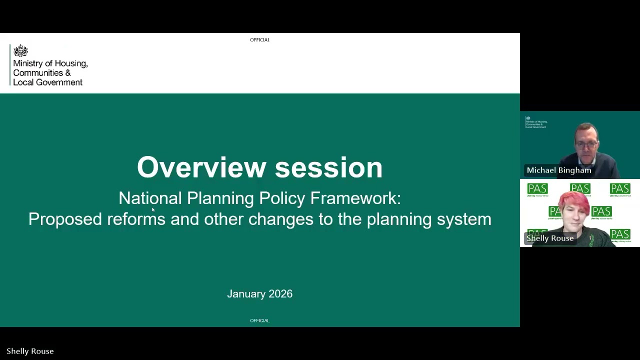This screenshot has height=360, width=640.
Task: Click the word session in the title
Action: [x=328, y=167]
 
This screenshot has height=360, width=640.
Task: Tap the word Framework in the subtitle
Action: [x=355, y=198]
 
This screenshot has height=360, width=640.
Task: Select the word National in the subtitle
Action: [x=150, y=198]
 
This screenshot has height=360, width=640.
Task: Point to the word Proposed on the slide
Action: [x=65, y=219]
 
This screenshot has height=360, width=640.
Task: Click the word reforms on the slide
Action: [x=136, y=219]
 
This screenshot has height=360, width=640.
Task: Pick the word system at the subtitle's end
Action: [x=464, y=219]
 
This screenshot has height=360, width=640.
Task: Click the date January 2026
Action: [x=259, y=294]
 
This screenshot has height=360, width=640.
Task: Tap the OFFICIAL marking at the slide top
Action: [x=259, y=40]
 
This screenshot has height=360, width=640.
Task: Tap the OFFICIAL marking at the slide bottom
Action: [x=259, y=320]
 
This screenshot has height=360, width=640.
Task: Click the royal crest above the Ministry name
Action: [x=20, y=51]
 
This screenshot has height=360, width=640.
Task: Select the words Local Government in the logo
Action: [x=47, y=82]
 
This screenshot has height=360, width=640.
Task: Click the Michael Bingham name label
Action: [x=558, y=170]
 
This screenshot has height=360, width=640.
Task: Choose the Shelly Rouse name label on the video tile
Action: [x=549, y=238]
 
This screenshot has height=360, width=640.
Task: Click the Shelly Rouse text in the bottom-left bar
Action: [x=30, y=351]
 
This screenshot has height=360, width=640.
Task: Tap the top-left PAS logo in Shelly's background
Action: [x=537, y=189]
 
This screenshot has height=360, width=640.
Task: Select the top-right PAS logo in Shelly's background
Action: [x=619, y=189]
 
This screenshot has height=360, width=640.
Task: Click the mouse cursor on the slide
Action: [x=153, y=210]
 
